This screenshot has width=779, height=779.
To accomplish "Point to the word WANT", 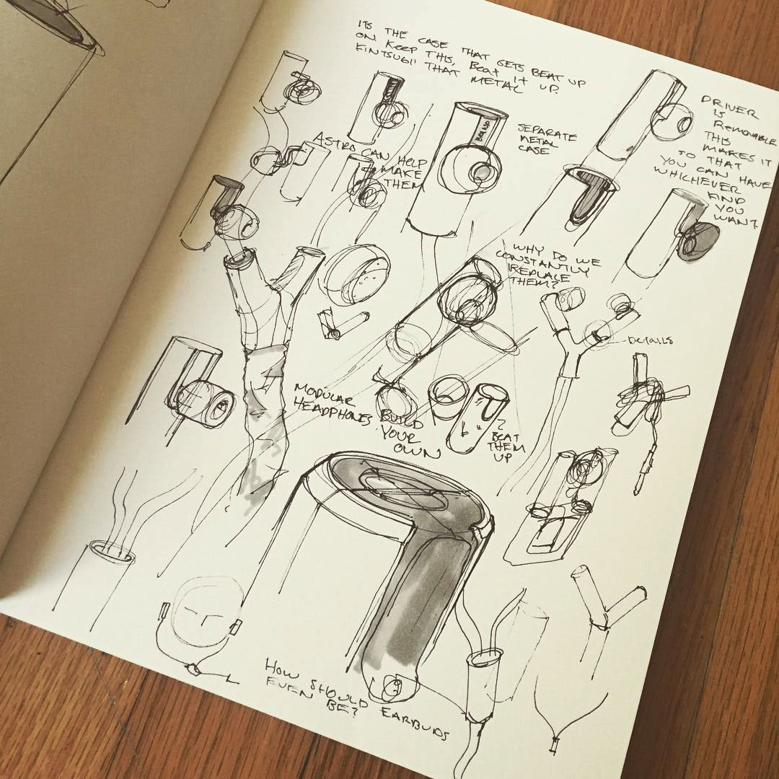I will (x=734, y=216).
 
